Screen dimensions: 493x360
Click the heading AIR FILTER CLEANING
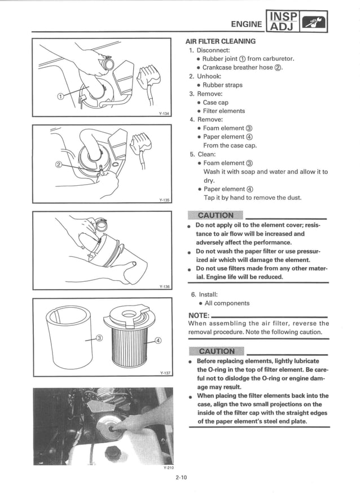pos(221,41)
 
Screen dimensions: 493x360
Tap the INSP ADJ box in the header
pos(282,22)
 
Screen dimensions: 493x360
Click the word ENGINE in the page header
pos(247,24)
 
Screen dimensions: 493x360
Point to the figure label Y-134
pos(164,113)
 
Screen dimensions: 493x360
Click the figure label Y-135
pos(164,199)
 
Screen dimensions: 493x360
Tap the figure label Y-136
pos(164,286)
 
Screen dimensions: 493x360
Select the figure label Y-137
pos(164,373)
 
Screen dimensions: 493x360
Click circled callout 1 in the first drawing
pos(61,95)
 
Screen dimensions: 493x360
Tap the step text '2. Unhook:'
pos(206,76)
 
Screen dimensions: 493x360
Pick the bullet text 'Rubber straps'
pos(222,85)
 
